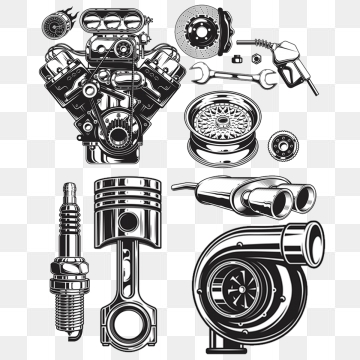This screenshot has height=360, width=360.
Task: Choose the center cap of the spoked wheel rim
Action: [226, 127]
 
